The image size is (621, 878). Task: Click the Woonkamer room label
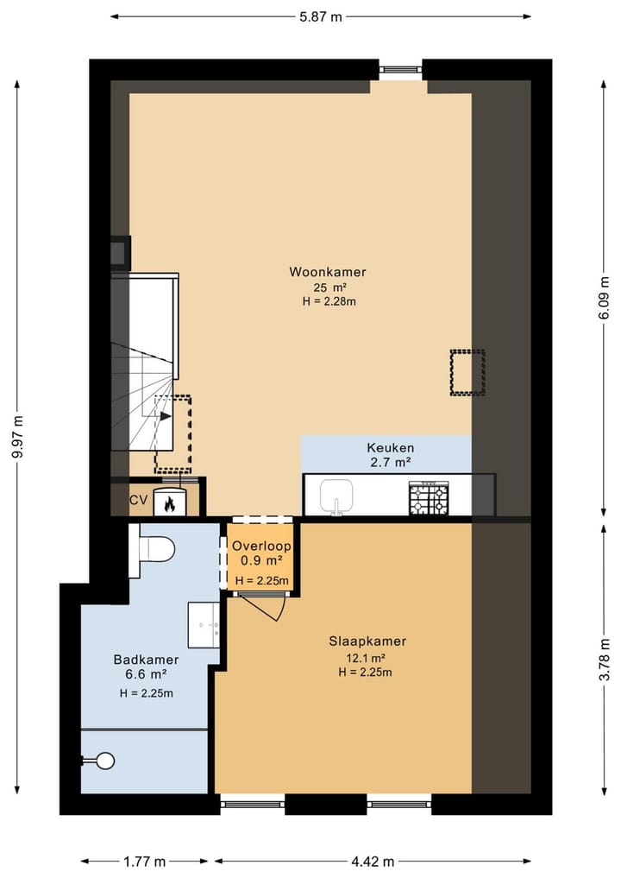pos(327,272)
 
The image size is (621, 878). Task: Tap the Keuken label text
pos(390,448)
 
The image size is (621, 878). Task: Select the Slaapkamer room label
pos(367,641)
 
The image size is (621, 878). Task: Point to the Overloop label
pos(261,547)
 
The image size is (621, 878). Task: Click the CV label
pos(138,500)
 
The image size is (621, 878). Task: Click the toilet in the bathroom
pos(155,547)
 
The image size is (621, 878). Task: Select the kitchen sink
pos(336,496)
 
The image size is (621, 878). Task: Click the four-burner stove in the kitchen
pos(428,497)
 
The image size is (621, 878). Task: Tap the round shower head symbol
pos(104,761)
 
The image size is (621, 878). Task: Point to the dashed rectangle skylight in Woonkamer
pos(467,372)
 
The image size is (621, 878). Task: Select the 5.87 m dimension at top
pos(321,16)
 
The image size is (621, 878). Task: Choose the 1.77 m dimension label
pos(144,861)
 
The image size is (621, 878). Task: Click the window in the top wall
pos(400,70)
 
